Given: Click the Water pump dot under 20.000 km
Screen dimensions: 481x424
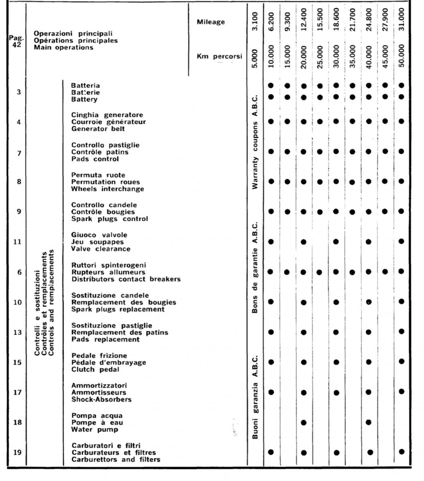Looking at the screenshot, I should pos(303,422).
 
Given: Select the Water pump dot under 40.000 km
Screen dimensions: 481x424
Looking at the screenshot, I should pos(369,422).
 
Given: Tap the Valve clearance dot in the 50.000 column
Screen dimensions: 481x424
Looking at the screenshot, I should pos(402,241).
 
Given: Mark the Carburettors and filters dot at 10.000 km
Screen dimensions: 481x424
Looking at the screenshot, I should pos(271,452).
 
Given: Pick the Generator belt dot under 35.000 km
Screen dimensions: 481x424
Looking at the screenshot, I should pos(352,121).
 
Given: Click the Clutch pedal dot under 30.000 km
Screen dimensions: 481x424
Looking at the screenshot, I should pos(336,362).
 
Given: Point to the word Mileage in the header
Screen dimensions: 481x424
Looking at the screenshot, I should pos(211,22).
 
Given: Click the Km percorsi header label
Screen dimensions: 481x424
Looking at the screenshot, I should pos(219,57).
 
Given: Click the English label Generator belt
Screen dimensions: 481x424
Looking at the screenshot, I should pos(98,129).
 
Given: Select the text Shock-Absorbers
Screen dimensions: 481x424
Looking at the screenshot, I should pos(101,399).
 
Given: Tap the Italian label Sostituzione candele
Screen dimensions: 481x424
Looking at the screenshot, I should pos(110,295).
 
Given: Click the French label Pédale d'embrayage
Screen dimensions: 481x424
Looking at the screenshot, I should pos(109,362).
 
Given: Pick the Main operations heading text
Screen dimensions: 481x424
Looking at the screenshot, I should pos(63,47).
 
